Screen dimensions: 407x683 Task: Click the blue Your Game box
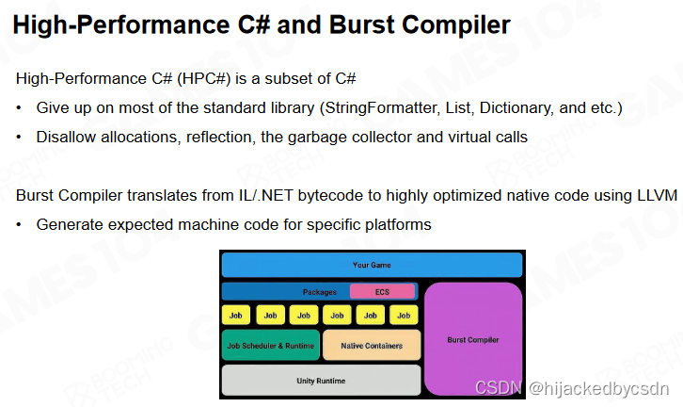[371, 265]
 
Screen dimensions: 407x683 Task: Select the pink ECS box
[382, 292]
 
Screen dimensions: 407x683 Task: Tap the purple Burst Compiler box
[472, 339]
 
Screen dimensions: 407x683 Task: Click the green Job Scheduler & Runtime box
[270, 346]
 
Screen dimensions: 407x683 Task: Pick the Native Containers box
[371, 346]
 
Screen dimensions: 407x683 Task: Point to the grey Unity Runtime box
[320, 381]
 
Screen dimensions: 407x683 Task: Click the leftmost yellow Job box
[236, 315]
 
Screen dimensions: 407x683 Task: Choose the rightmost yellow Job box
[405, 315]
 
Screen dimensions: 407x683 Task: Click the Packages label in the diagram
[319, 292]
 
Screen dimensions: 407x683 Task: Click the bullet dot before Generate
[19, 225]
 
